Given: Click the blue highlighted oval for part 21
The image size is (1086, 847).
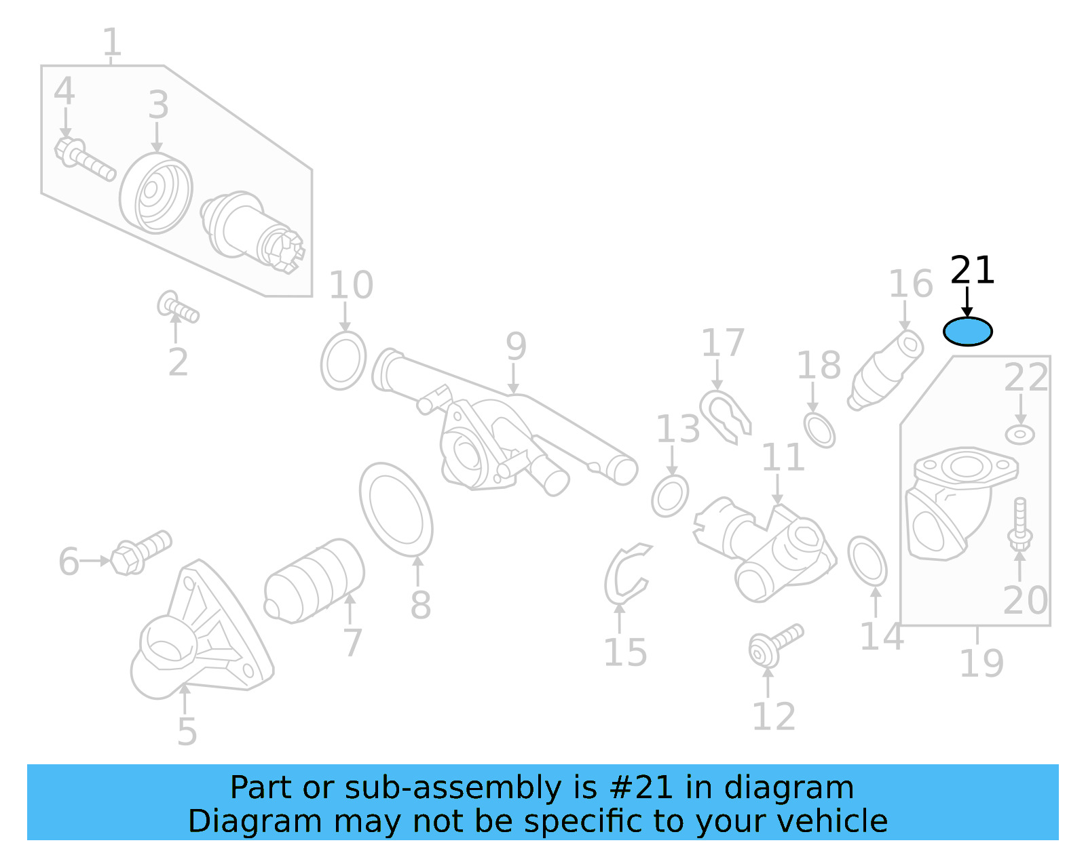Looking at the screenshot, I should (x=967, y=332).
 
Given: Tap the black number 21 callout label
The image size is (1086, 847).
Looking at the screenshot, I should (x=972, y=271).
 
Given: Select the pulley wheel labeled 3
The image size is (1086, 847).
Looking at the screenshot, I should (x=156, y=193).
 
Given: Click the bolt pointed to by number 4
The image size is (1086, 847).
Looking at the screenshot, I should (x=84, y=159).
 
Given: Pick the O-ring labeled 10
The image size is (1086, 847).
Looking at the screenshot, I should (x=343, y=361).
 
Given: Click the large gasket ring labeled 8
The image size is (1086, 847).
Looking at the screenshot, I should (x=396, y=509).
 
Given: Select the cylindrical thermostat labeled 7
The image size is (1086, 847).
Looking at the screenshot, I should (x=314, y=581).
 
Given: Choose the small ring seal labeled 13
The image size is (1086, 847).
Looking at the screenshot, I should (x=670, y=496).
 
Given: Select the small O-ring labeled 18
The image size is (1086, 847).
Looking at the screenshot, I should (x=819, y=429).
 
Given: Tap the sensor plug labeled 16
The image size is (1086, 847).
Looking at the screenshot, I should (x=886, y=370).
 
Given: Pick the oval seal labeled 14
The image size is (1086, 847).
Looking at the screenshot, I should (x=867, y=560).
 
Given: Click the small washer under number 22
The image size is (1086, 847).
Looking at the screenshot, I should (x=1019, y=434).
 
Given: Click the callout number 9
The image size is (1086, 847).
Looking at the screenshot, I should (x=516, y=347).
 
